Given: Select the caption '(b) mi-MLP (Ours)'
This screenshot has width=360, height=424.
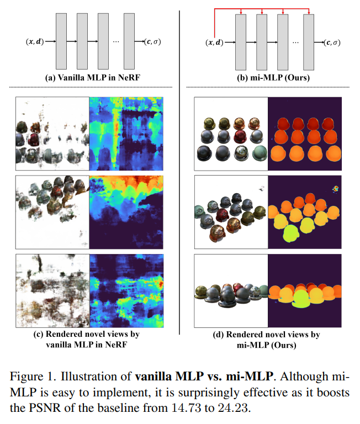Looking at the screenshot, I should pyautogui.click(x=269, y=78).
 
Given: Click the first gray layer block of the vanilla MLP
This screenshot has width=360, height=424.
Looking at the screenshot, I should pyautogui.click(x=61, y=41).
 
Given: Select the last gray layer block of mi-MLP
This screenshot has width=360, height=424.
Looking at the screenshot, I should pyautogui.click(x=309, y=41).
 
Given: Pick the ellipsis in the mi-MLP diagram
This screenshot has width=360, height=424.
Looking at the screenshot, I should pyautogui.click(x=296, y=41).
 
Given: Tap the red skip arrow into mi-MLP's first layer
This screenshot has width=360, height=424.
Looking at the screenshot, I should pyautogui.click(x=241, y=10).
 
